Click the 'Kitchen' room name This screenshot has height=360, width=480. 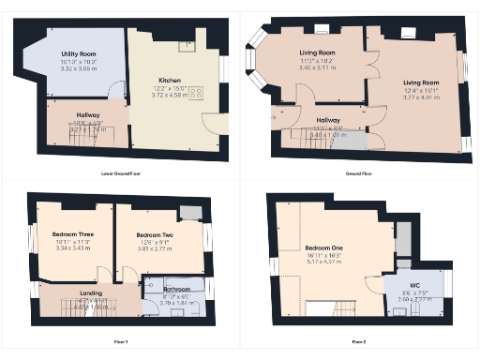point(169,81)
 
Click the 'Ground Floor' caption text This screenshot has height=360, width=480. point(360,172)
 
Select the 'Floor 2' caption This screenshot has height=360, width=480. point(360,341)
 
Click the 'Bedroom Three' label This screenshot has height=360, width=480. point(71,234)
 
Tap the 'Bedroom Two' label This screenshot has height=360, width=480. point(154,234)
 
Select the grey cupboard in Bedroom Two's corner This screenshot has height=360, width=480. point(190,212)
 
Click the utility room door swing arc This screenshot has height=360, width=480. point(115,89)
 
